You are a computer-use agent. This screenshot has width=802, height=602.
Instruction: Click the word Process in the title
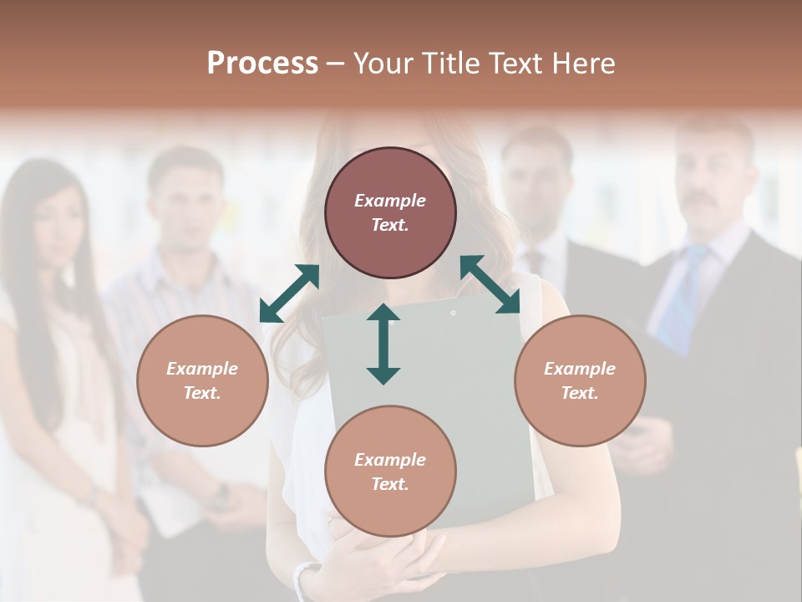[x=262, y=64]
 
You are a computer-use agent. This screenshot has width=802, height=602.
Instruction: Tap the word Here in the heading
[x=585, y=64]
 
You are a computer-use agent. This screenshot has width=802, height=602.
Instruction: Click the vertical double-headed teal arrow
[x=383, y=344]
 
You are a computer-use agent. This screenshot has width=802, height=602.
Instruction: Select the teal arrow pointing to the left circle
[x=289, y=293]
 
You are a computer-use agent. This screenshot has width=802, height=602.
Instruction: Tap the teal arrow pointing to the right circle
[x=490, y=284]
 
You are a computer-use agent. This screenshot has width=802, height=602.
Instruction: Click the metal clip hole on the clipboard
[x=454, y=314]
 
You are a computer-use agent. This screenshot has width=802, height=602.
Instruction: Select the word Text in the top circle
[x=390, y=226]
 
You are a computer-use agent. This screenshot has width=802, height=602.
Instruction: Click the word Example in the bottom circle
[x=390, y=460]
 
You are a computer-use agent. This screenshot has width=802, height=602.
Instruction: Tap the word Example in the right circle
[x=580, y=369]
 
